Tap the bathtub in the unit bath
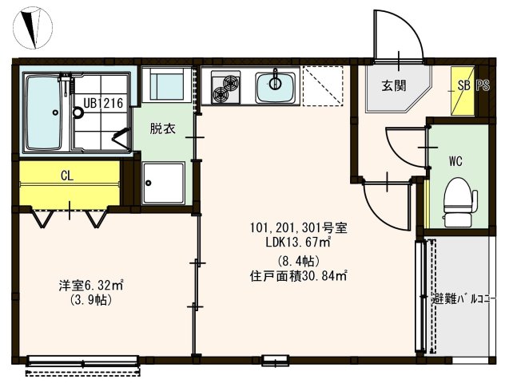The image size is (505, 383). (x=45, y=113)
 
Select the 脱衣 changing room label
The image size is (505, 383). (x=164, y=128)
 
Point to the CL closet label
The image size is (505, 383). (x=67, y=176)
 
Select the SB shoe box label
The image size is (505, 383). (x=463, y=85)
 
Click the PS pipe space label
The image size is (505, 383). (x=483, y=85)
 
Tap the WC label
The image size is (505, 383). (x=456, y=160)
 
